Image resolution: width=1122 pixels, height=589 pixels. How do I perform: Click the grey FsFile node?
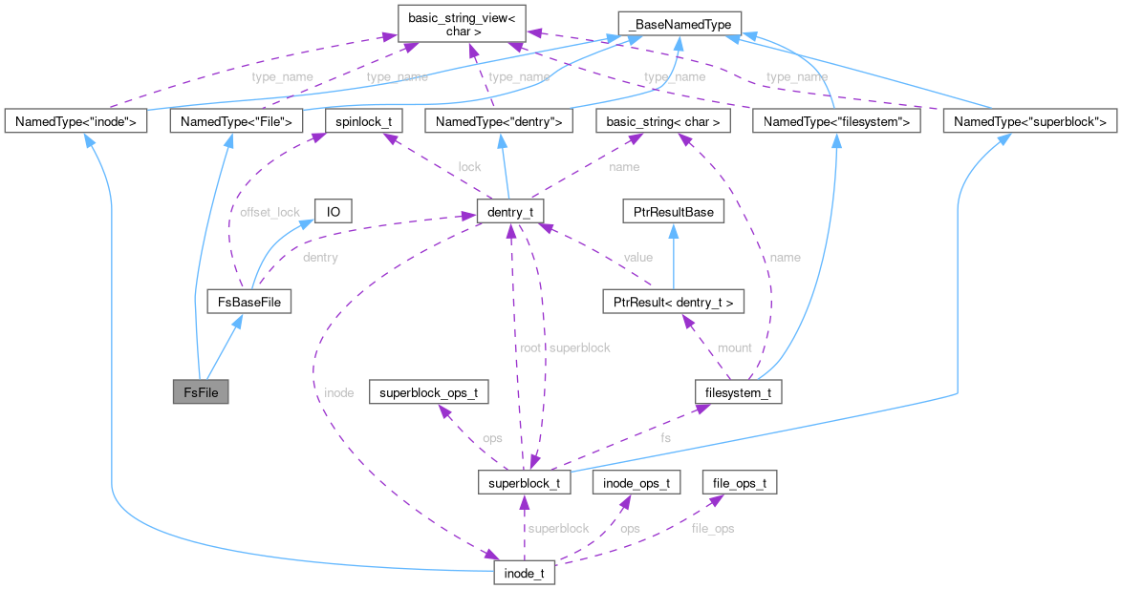click(x=200, y=392)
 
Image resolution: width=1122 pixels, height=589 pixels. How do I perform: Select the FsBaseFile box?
click(x=249, y=303)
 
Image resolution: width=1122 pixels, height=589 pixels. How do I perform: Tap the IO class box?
click(x=334, y=211)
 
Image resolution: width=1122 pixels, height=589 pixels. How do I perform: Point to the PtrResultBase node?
click(x=668, y=211)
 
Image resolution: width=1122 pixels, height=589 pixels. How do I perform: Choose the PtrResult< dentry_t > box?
click(x=673, y=303)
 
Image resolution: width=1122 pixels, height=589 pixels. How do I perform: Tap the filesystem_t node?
click(x=739, y=392)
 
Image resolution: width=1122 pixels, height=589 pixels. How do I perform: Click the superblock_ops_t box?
click(x=435, y=392)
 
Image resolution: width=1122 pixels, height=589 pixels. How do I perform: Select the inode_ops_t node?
click(x=636, y=483)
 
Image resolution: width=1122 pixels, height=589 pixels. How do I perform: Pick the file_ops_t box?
click(x=739, y=483)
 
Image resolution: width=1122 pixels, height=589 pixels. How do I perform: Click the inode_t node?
click(x=524, y=574)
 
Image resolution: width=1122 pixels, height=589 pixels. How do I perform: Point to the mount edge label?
click(x=734, y=347)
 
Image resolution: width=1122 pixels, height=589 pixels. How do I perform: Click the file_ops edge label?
click(x=713, y=528)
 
